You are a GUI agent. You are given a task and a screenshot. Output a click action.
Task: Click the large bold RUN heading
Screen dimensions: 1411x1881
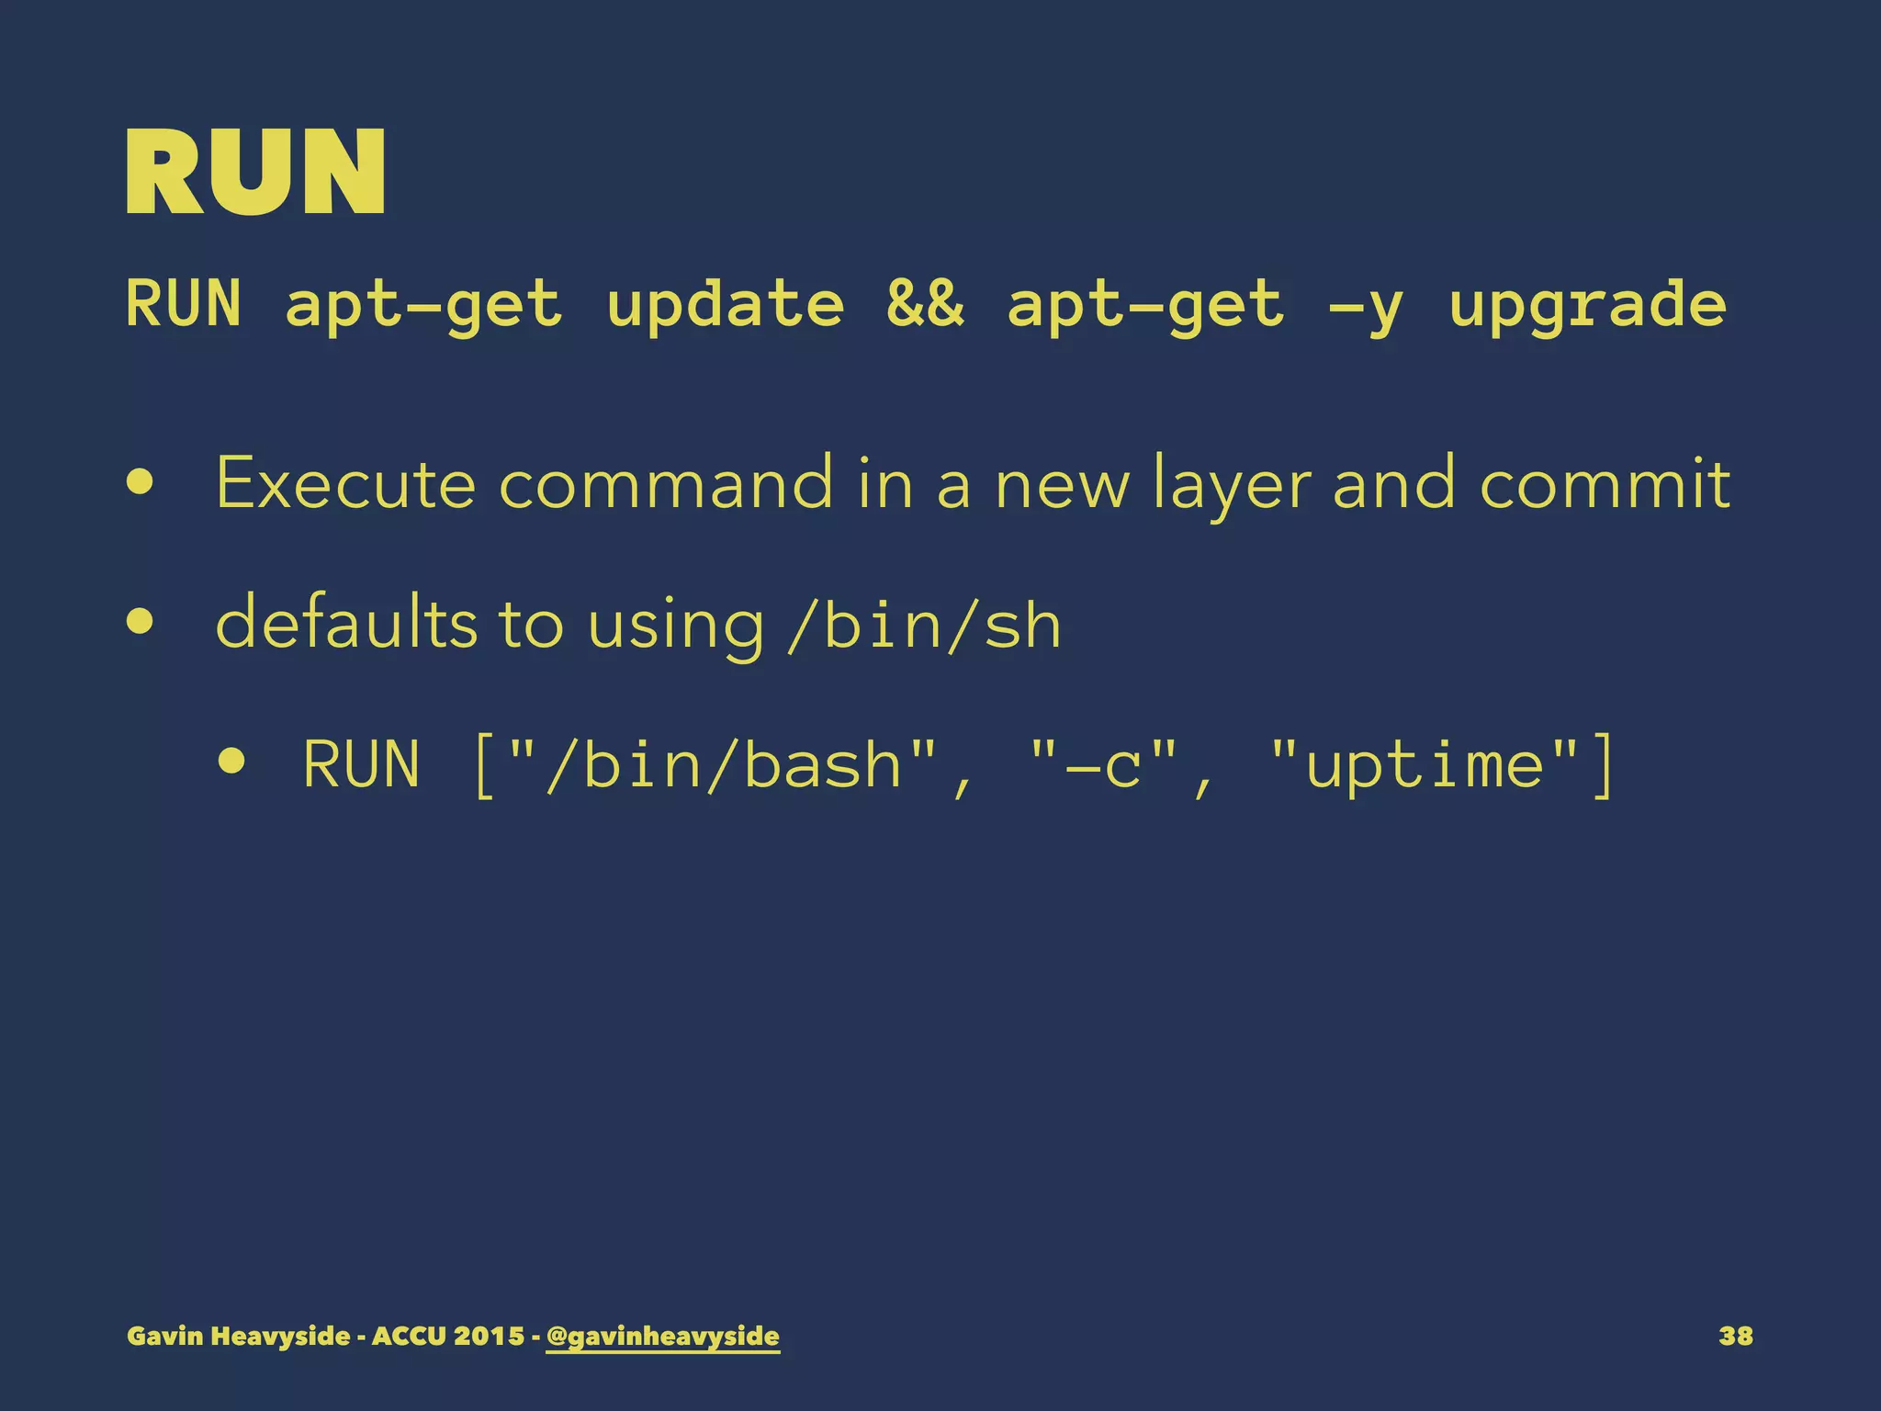pos(255,173)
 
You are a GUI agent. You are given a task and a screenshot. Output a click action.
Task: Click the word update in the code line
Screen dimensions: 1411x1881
pos(725,305)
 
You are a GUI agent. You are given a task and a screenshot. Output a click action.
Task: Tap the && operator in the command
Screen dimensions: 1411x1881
pos(925,305)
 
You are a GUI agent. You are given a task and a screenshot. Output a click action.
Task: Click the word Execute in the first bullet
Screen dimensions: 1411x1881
pos(345,483)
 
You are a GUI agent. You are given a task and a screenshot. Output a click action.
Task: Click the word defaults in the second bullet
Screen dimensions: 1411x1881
pos(346,622)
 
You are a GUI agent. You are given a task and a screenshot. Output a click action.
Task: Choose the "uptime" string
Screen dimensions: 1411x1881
pos(1425,764)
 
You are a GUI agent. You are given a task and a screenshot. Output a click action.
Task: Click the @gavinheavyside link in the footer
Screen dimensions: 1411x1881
pos(662,1336)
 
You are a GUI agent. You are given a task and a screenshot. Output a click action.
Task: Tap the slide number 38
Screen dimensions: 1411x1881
pos(1735,1336)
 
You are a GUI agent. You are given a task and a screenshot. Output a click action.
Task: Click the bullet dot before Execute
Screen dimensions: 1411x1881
pos(141,483)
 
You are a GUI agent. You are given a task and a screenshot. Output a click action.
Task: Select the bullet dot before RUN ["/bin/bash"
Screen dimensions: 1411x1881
pos(231,761)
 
